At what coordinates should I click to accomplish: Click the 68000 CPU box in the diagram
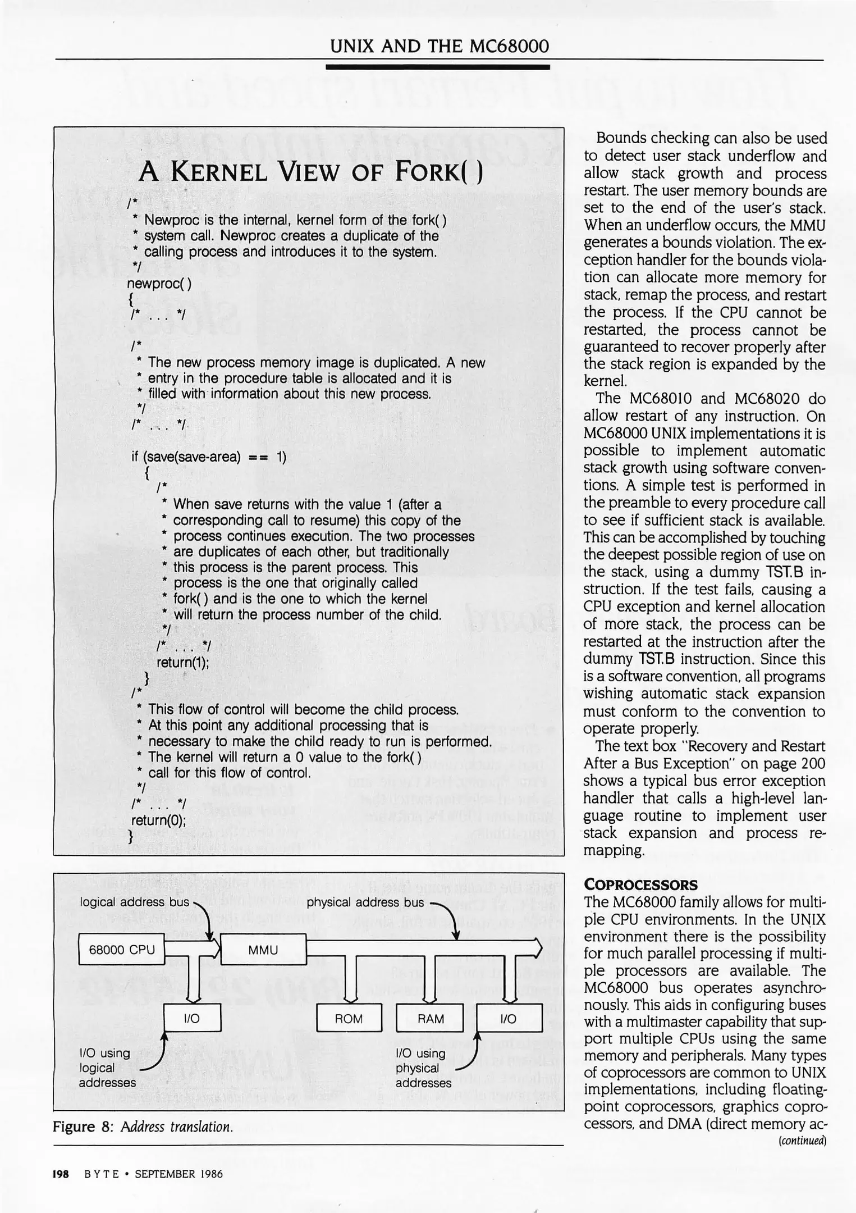[x=121, y=949]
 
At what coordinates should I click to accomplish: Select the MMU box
[x=263, y=949]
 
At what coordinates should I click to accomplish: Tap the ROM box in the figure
[x=349, y=1019]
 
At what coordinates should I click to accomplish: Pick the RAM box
[x=430, y=1019]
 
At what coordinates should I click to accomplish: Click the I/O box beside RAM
[x=509, y=1019]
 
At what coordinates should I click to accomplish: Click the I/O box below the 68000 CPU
[x=192, y=1019]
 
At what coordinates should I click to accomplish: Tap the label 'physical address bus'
[x=365, y=902]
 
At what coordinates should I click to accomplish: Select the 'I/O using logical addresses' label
[x=107, y=1068]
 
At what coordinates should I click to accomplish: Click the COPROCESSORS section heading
[x=640, y=884]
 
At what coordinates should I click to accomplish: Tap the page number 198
[x=60, y=1173]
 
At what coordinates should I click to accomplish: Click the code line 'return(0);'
[x=158, y=820]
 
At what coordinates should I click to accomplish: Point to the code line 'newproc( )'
[x=159, y=284]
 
